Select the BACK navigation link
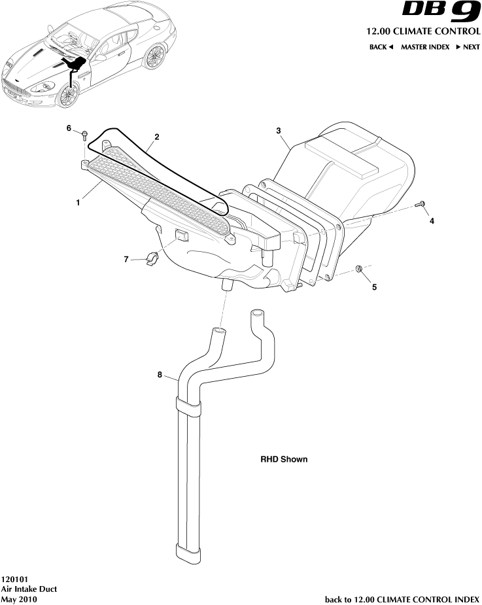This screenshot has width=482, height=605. click(381, 47)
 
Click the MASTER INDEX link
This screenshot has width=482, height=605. click(425, 47)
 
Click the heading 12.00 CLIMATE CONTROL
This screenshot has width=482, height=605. click(423, 31)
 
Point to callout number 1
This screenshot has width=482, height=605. click(78, 203)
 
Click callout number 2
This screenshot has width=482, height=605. click(157, 137)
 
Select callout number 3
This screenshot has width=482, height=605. click(279, 131)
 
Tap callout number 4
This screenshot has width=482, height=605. click(432, 221)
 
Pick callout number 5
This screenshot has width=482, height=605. click(373, 286)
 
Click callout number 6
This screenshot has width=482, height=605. click(69, 128)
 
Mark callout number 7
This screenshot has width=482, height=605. click(126, 260)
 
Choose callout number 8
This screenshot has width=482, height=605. click(160, 375)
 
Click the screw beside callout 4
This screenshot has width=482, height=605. click(421, 205)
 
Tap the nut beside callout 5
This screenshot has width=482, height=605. click(359, 269)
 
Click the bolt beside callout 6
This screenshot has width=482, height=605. click(85, 136)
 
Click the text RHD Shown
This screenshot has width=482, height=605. click(284, 459)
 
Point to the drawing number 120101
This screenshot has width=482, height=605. click(14, 579)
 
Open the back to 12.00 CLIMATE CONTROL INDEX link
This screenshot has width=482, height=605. click(402, 599)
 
